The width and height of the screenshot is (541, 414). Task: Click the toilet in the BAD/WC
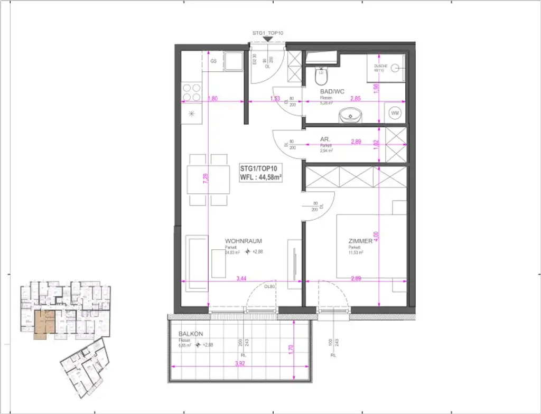321,78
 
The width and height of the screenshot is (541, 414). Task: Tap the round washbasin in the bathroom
349,115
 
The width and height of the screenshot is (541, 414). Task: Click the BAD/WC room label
333,92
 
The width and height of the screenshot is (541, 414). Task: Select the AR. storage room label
325,139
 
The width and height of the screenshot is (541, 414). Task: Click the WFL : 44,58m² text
260,178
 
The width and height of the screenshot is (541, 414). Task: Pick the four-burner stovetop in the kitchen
191,92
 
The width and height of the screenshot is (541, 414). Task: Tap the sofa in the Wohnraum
197,263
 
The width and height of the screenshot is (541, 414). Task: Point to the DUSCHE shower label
381,67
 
